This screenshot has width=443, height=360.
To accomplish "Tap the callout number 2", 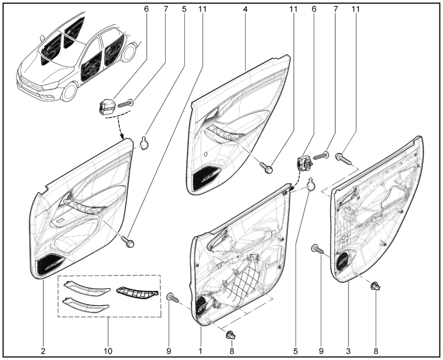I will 43,349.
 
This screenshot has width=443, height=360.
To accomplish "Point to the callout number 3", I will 347,349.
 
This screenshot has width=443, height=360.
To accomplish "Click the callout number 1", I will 200,349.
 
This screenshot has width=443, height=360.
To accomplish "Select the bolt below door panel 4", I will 267,167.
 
